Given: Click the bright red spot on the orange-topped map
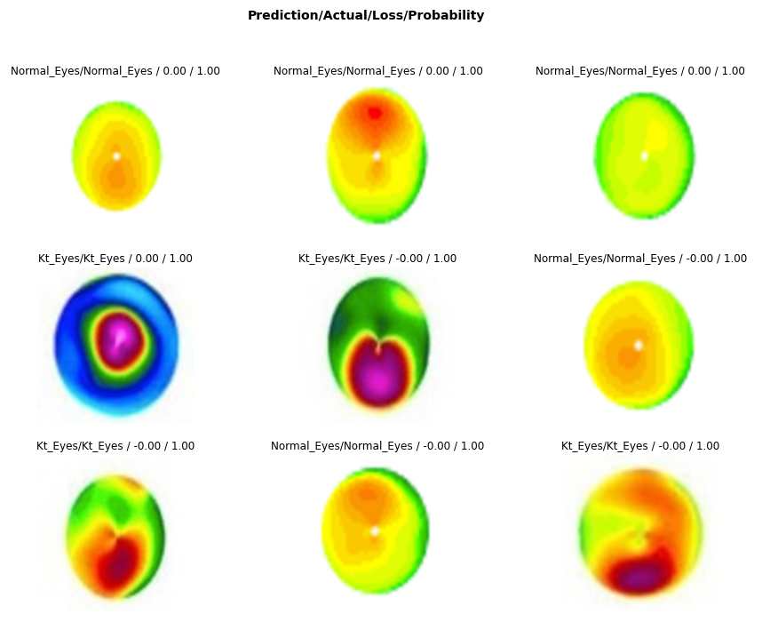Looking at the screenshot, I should [375, 113].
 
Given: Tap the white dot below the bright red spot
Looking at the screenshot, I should [377, 155].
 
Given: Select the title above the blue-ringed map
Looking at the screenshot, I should [115, 259].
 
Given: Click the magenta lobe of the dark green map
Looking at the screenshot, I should [379, 378].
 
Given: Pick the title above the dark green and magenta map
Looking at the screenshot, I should [377, 259].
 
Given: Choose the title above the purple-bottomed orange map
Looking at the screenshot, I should [640, 446].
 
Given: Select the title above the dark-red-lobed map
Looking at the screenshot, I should [115, 446].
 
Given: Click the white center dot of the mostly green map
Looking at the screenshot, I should [645, 155].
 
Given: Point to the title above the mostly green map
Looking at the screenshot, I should [640, 71].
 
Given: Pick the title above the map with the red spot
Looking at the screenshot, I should [378, 71].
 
